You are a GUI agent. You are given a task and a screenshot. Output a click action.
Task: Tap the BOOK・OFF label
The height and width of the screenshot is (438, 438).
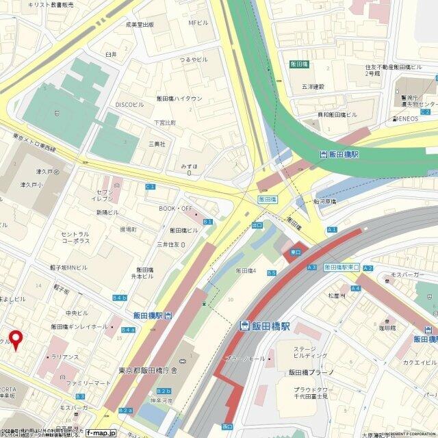(176, 208)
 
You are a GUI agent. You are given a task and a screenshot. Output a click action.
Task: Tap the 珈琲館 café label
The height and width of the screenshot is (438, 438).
(389, 328)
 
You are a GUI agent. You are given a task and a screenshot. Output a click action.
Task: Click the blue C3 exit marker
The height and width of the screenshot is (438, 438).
(151, 186)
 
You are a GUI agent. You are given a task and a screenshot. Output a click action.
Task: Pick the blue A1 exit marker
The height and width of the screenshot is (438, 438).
(333, 230)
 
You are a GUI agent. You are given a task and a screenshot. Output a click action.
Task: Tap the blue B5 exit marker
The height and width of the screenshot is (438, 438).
(271, 273)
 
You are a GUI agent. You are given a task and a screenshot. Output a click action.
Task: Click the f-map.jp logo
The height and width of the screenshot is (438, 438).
(101, 433)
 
